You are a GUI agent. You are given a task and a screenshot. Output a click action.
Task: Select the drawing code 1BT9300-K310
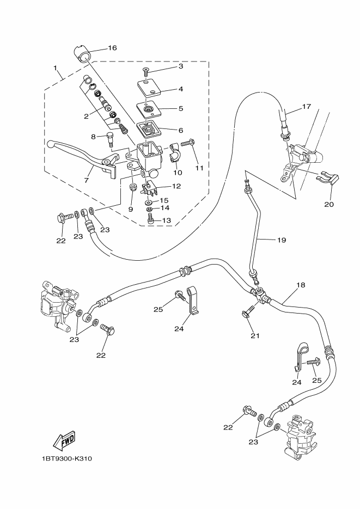coord(66,458)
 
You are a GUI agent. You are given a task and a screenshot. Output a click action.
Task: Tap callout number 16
coord(112,48)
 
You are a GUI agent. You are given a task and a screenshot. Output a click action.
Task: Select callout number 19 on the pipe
coord(281,240)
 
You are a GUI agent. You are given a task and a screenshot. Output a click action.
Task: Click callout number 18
coord(301,285)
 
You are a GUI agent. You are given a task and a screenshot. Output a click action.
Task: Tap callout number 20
coord(328,205)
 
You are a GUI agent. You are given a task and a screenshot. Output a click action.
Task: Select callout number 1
coord(55,69)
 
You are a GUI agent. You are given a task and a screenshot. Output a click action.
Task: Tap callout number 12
coord(175,186)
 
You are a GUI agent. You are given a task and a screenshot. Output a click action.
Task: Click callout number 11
coord(199,168)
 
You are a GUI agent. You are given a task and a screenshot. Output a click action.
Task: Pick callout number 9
coord(131,209)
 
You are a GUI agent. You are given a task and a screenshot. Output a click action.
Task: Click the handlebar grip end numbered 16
coord(82,54)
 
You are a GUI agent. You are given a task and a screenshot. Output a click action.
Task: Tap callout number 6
coord(180,129)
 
